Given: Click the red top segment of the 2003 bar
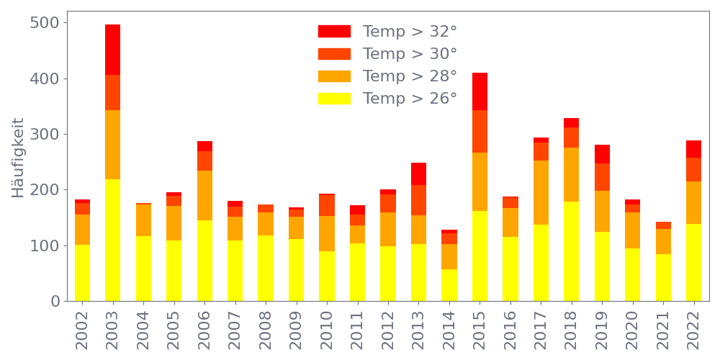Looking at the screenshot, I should coord(112,50).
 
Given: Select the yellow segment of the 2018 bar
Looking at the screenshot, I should coord(571,251).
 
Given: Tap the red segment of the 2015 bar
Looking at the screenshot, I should coord(480,91).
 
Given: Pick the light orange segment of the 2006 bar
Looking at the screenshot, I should coord(204,195).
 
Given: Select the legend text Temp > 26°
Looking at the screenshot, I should coord(410,99).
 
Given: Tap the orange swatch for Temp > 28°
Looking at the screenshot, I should coord(334,76).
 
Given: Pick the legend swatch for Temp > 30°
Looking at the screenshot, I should coord(334,54).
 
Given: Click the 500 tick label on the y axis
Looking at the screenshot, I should coord(45,23).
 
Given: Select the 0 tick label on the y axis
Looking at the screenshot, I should coord(55,302).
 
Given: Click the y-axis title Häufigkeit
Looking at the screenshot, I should coord(18,158).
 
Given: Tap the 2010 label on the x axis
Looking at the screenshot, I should coord(327,327).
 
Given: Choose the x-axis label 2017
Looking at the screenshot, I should coord(541,327).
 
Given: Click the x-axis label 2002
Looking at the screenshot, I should coord(82,327).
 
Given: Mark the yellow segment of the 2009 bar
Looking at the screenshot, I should coord(296,270).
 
